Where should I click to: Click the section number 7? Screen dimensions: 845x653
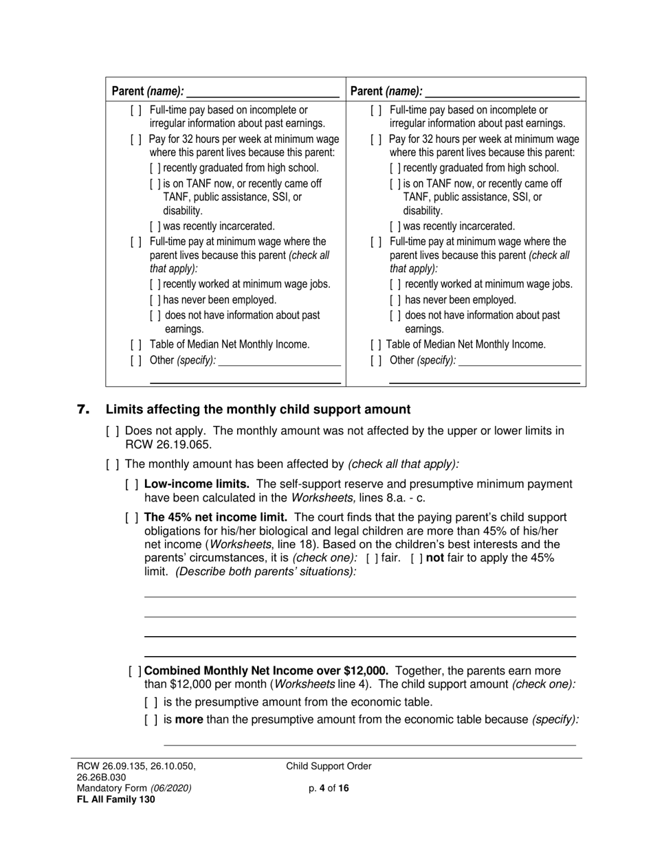coord(83,410)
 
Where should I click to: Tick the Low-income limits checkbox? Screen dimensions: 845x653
coord(132,484)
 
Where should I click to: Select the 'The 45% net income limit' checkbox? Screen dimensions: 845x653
coord(132,517)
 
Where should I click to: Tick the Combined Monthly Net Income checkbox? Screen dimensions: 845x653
coord(135,671)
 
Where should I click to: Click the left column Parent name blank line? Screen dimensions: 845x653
coord(263,92)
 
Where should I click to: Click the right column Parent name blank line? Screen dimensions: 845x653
coord(502,92)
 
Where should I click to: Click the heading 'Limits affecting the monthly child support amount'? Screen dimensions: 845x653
coord(258,410)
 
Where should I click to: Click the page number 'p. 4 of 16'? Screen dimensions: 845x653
coord(329,789)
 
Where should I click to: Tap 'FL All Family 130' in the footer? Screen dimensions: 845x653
coord(111,799)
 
